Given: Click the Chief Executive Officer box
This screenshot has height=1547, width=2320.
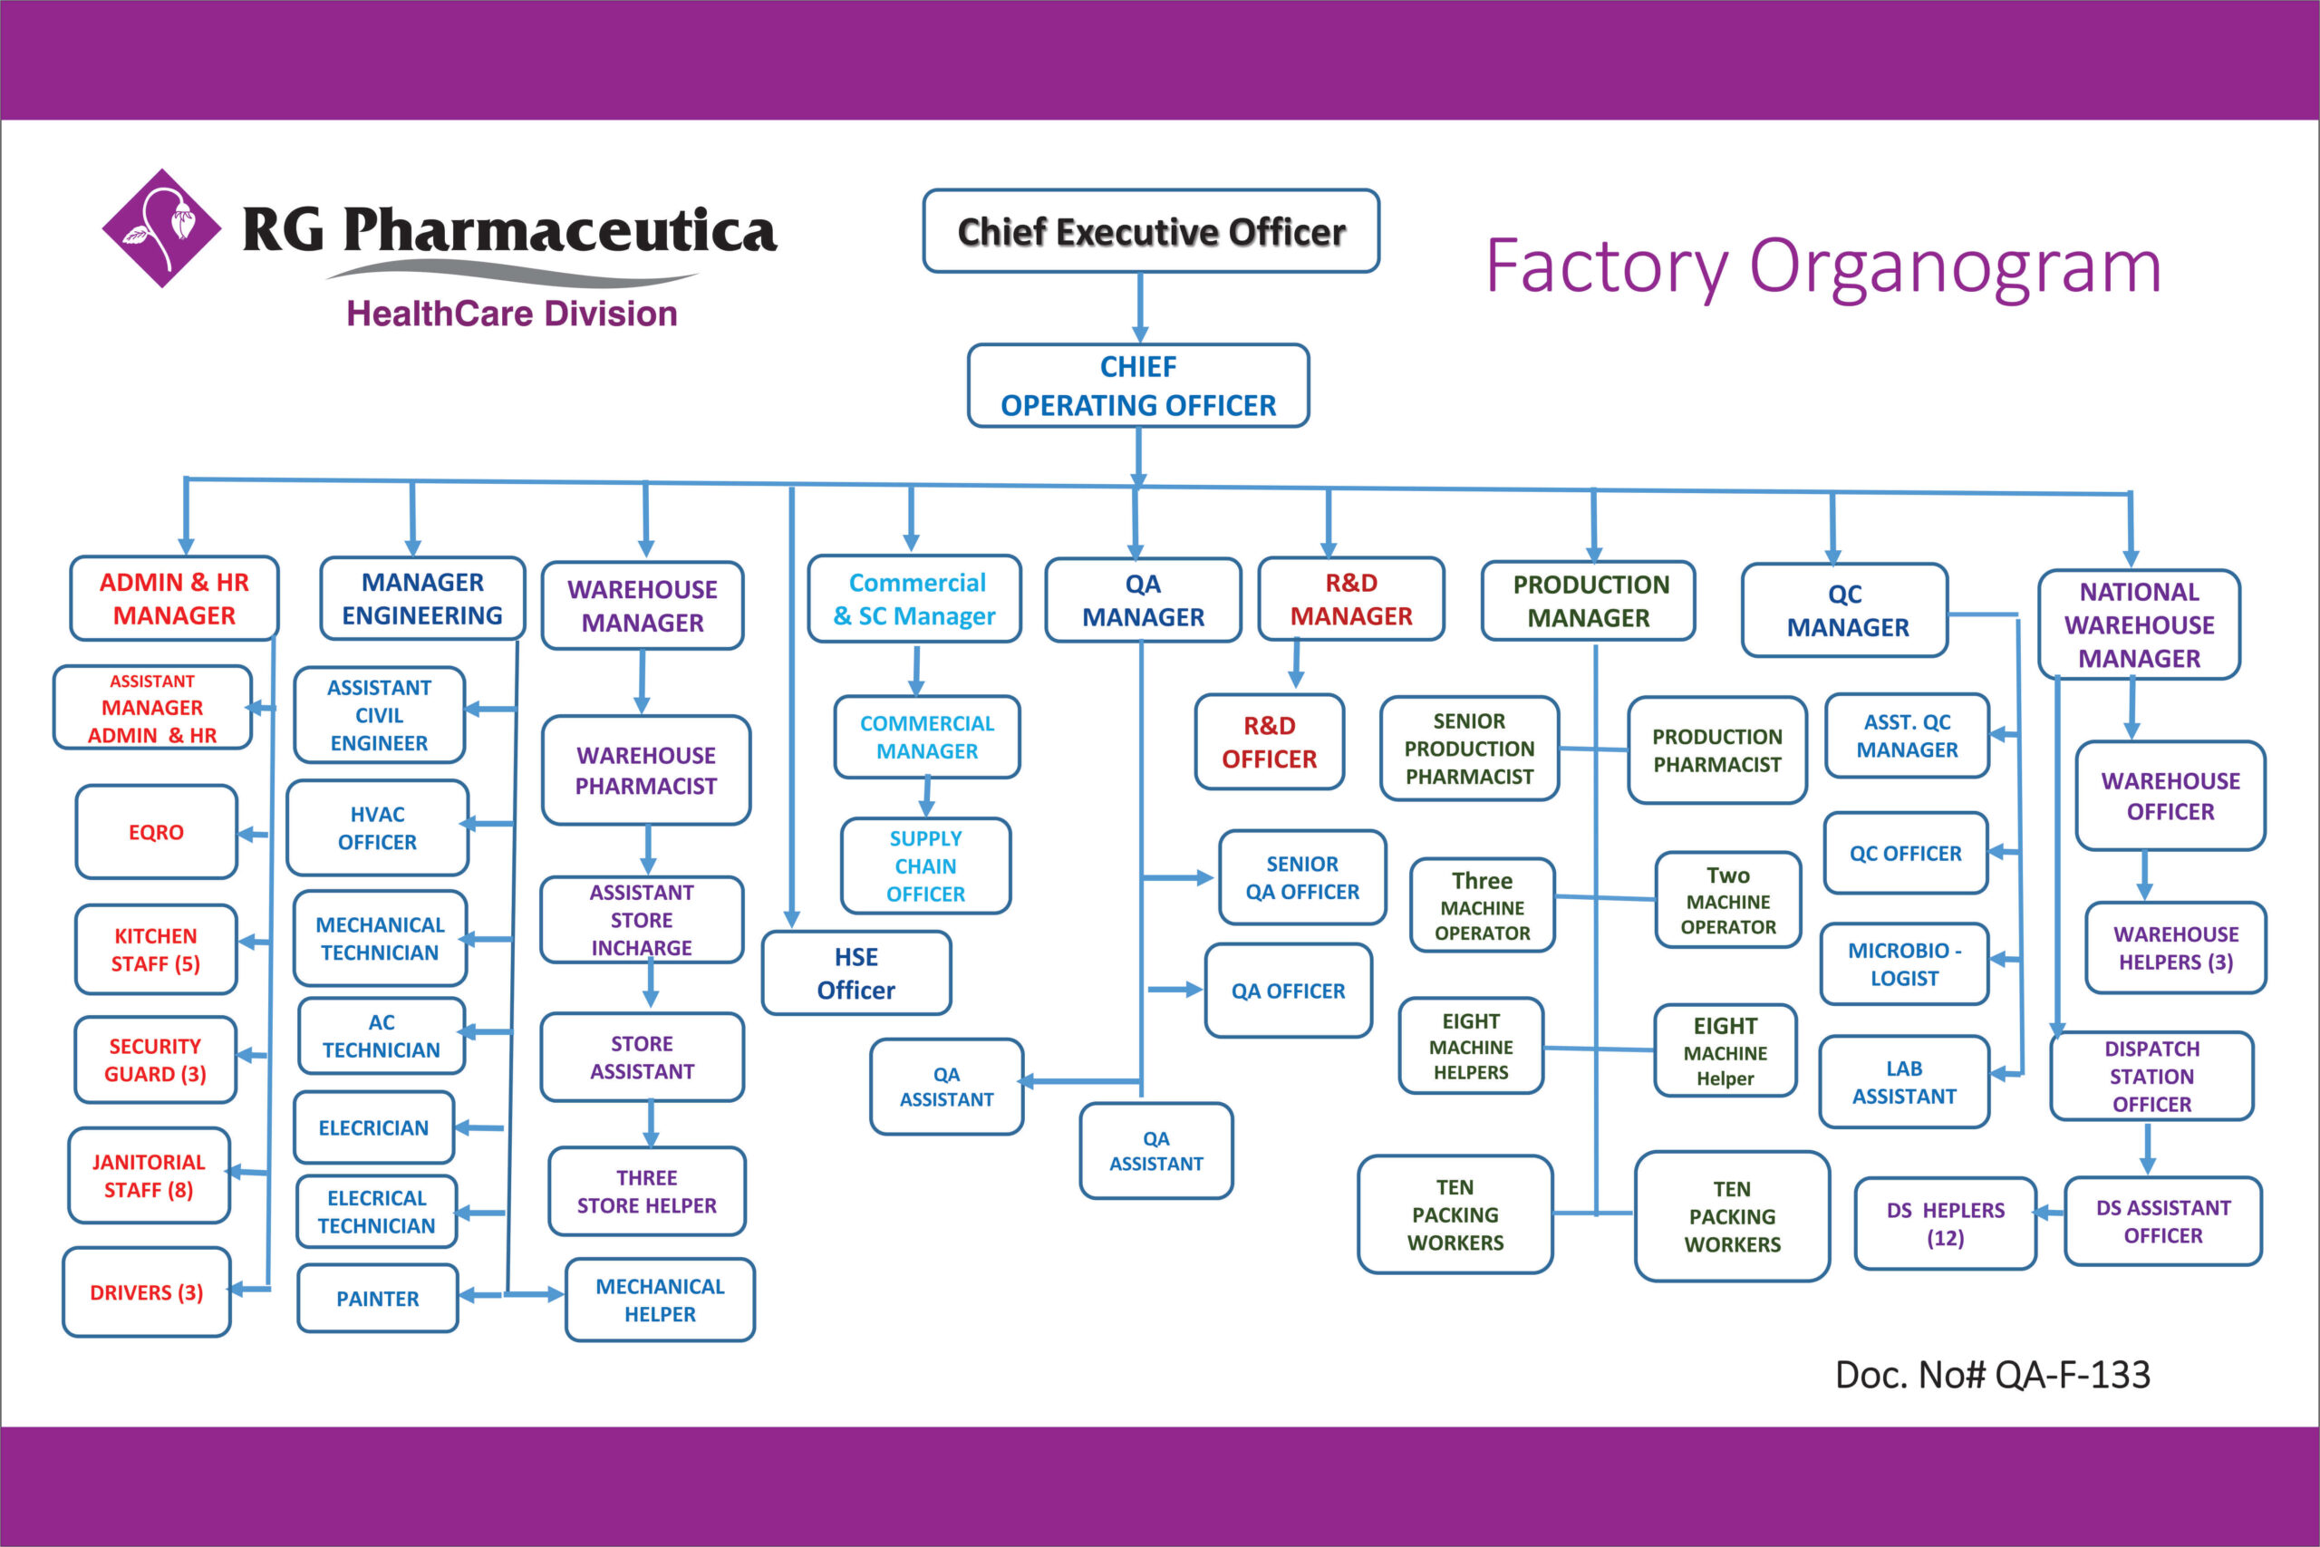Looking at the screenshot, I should [x=1150, y=232].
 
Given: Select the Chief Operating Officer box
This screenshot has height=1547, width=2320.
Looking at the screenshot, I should [x=1138, y=386].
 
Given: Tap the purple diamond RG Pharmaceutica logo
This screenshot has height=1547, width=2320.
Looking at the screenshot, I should [x=162, y=227].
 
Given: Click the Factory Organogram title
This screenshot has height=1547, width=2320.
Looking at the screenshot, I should [x=1822, y=266].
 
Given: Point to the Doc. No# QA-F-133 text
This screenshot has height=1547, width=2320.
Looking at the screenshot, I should [x=1992, y=1374].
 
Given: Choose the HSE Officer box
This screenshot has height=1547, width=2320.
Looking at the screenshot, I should [x=856, y=972].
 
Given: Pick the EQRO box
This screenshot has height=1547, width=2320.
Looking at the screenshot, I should [x=156, y=832].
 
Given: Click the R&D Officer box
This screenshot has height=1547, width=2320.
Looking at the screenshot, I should [x=1269, y=742].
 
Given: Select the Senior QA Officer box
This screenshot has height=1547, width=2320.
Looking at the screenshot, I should [x=1302, y=877].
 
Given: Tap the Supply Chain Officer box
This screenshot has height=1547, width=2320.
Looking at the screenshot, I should [x=925, y=865].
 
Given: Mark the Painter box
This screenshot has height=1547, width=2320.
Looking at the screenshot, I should [x=378, y=1299].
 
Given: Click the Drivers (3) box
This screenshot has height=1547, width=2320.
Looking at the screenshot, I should [x=147, y=1292].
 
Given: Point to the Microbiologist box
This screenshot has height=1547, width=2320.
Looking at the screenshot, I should [x=1904, y=964].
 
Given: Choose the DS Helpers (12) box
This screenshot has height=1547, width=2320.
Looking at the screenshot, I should [x=1945, y=1223].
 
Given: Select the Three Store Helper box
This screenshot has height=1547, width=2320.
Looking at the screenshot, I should [x=647, y=1191].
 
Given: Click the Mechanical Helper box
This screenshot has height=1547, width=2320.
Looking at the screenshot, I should [x=660, y=1300].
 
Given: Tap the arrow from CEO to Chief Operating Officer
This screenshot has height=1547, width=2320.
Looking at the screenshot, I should [x=1140, y=308].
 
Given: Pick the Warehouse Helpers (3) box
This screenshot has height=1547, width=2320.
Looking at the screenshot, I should [x=2175, y=947].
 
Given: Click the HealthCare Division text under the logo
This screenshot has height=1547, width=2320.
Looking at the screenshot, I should [x=512, y=314].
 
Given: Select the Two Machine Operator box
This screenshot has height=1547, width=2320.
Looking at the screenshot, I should [x=1728, y=900].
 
